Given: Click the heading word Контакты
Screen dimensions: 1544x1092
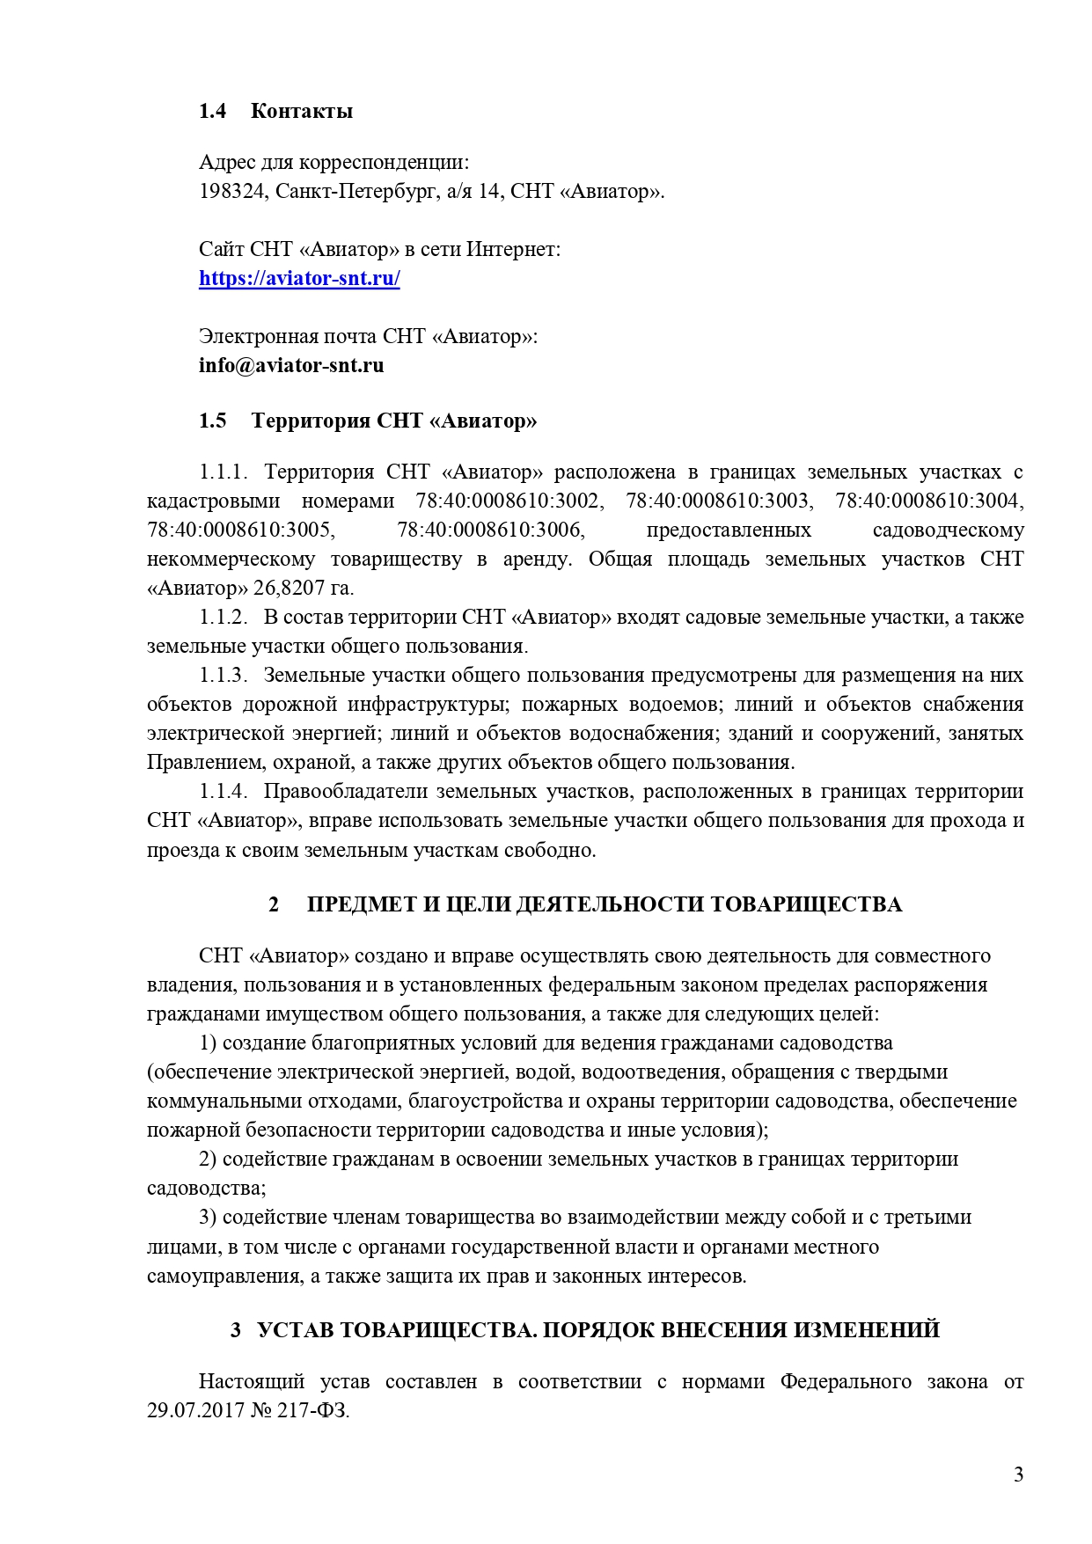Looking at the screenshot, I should click(x=302, y=111).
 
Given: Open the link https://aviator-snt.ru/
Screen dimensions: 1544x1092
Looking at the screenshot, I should click(x=299, y=279).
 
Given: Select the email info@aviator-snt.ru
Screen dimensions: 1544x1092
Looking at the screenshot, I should click(x=291, y=365).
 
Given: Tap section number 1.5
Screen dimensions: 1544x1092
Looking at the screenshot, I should click(x=212, y=421).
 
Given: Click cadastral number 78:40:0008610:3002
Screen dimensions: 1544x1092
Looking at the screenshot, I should click(x=509, y=501).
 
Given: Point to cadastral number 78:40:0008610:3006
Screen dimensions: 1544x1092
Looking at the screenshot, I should click(x=490, y=531).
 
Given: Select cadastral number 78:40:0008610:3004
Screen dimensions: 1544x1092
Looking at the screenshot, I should click(x=928, y=501).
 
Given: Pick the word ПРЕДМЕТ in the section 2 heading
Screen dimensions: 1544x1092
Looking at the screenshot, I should click(x=362, y=904).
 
